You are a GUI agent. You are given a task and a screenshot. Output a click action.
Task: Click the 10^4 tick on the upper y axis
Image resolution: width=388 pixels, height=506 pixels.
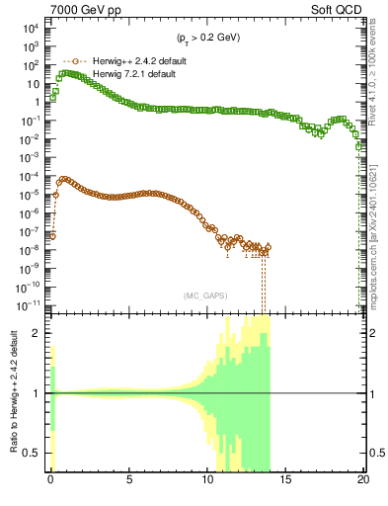click(30, 29)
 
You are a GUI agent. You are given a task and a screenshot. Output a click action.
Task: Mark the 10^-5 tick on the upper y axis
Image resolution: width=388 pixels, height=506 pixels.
click(30, 194)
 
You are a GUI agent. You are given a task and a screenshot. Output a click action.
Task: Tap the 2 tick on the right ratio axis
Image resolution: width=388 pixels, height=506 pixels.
click(372, 332)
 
